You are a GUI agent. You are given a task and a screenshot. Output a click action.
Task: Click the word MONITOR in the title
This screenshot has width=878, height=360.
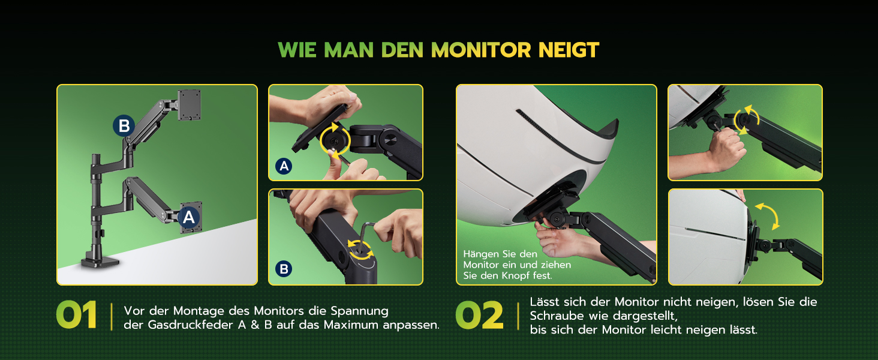coord(481,50)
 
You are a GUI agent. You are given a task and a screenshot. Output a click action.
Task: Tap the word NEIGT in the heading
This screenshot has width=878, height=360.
coord(569,50)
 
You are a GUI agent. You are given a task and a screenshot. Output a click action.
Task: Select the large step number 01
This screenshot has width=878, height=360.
coord(76,315)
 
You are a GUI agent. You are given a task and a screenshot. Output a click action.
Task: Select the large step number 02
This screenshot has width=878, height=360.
coord(479,315)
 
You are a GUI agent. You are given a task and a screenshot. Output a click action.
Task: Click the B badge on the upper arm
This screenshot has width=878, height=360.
coord(124,126)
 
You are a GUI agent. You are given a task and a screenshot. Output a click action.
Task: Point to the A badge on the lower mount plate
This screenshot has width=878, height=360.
coord(189,217)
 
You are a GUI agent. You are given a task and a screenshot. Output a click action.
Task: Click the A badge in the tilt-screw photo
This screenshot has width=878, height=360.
coord(284,166)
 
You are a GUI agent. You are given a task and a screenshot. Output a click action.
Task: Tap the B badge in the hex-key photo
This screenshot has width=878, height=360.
coord(284,269)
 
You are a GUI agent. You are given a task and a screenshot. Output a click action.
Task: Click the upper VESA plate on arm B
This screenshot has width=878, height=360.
coord(190,105)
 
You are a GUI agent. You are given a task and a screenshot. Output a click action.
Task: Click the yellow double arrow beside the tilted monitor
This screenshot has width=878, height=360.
coord(768,215)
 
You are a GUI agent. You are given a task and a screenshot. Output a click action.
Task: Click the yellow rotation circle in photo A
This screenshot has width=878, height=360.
coord(335,141)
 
